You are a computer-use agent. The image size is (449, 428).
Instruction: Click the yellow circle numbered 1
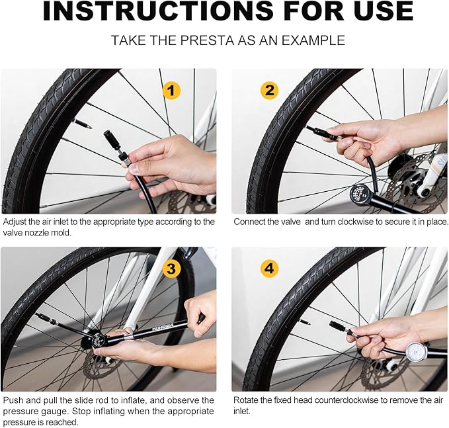coord(171,91)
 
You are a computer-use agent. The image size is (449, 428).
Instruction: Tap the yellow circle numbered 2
coord(269,91)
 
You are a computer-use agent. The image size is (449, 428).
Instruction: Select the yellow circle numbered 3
coord(171,269)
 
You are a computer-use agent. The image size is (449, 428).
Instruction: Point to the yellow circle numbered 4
coord(269,269)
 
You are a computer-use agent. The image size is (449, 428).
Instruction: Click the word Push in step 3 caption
coord(11,400)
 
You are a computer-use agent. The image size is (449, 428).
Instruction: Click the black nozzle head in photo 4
coord(338,327)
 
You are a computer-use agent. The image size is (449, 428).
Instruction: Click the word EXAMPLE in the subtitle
coord(313,40)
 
